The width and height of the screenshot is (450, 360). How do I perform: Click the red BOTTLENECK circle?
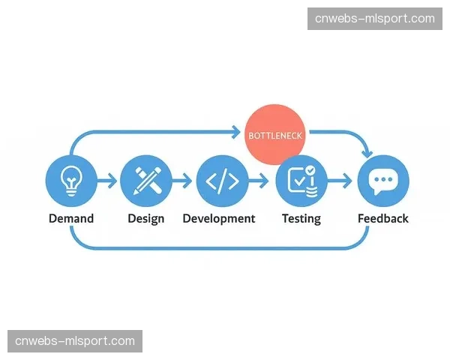tap(274, 134)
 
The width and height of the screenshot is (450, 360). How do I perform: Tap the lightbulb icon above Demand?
tap(71, 181)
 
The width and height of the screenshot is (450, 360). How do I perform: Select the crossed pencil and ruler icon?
tap(146, 181)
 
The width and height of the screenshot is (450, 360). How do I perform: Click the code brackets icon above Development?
tap(222, 181)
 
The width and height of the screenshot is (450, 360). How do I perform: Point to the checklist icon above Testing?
tap(301, 181)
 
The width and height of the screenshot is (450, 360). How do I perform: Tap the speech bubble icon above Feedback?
tap(383, 181)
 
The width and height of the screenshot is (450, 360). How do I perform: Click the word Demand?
tap(71, 218)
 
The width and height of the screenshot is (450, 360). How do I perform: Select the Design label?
tap(146, 219)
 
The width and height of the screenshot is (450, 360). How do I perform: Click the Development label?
tap(219, 219)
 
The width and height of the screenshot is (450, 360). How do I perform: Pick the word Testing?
tap(301, 219)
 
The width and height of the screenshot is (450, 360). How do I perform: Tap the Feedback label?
tap(383, 218)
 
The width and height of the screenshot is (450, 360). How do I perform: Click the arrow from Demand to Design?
tap(106, 181)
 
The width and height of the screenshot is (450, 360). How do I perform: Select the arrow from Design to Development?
tap(182, 181)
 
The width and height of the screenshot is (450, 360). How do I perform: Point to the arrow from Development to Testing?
tap(258, 181)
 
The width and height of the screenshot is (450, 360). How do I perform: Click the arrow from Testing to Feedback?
tap(340, 181)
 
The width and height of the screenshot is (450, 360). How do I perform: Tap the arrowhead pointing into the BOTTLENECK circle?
tap(236, 132)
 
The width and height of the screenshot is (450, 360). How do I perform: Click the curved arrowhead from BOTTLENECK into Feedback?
tap(367, 154)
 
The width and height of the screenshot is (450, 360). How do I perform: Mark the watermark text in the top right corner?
tap(375, 19)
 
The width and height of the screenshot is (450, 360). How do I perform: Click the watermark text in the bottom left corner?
tap(75, 341)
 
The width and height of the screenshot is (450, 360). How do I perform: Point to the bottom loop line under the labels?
tap(220, 248)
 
